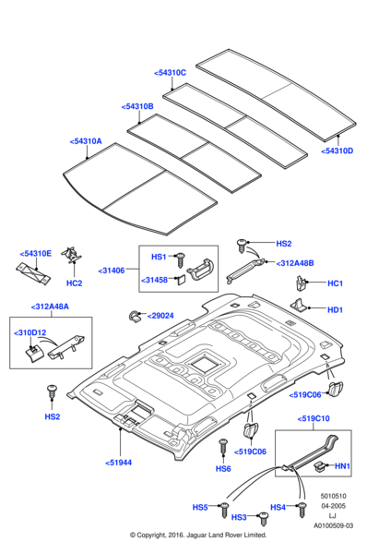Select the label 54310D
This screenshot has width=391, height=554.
337,151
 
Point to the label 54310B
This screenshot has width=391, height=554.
137,107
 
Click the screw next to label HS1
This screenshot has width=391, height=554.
182,259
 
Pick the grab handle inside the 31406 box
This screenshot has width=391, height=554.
200,269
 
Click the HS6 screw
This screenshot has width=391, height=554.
223,448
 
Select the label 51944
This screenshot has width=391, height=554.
119,463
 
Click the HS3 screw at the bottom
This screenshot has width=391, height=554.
263,519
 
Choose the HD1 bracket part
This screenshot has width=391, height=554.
300,306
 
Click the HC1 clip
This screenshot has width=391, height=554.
300,283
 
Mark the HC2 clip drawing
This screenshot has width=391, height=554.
72,255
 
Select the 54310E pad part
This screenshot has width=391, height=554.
33,273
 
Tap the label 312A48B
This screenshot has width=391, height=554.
295,263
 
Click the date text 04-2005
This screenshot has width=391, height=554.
333,506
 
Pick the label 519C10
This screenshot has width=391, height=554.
314,418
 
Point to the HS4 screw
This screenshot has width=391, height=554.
302,510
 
